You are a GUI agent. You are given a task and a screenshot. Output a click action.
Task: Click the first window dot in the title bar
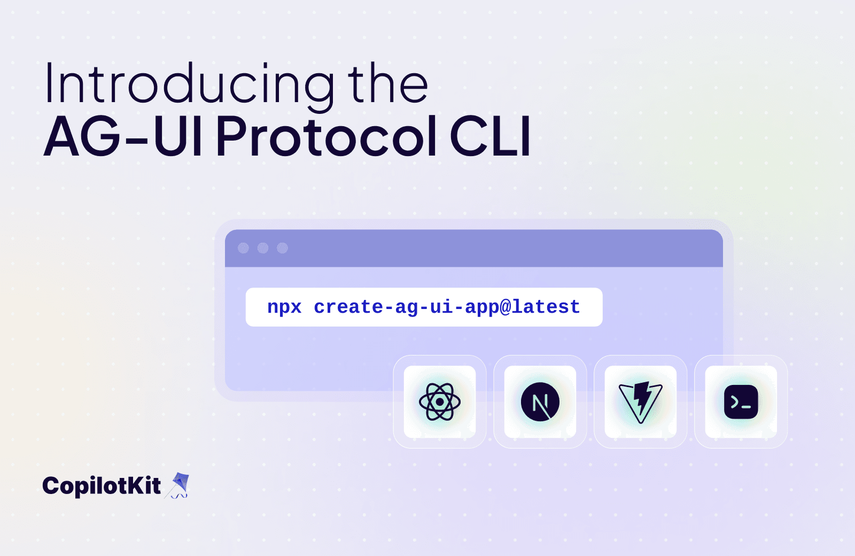243,248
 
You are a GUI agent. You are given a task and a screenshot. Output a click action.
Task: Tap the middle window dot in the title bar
263,248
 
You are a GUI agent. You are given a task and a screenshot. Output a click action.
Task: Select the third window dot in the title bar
283,248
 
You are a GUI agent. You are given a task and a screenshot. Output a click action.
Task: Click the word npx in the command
284,307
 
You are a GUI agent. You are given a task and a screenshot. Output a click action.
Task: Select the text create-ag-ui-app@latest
447,307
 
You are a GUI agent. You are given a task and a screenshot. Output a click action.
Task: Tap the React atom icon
440,401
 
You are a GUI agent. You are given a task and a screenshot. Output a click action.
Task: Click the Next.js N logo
540,401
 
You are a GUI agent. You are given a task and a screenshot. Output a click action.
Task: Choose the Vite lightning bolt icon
641,401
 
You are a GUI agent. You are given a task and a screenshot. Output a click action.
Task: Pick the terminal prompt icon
741,401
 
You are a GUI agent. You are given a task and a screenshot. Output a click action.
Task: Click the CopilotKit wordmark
102,486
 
